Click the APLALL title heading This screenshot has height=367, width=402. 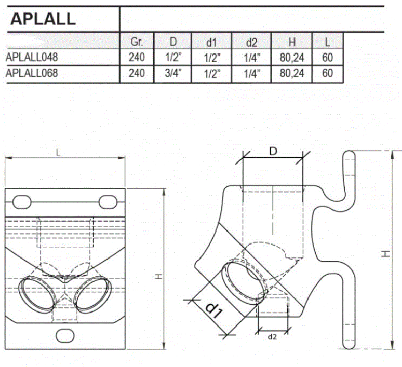tap(43, 19)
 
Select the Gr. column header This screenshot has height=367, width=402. tap(137, 41)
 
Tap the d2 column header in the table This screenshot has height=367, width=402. tap(251, 42)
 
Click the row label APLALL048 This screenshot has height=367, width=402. tap(32, 57)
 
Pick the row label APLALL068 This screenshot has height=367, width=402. tap(32, 73)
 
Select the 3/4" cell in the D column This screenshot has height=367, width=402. tap(173, 73)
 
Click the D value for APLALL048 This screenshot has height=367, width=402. tap(173, 57)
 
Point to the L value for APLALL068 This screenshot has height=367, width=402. tap(327, 73)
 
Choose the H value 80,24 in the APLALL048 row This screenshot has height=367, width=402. tap(292, 57)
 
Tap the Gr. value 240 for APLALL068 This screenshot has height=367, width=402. tap(137, 73)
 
